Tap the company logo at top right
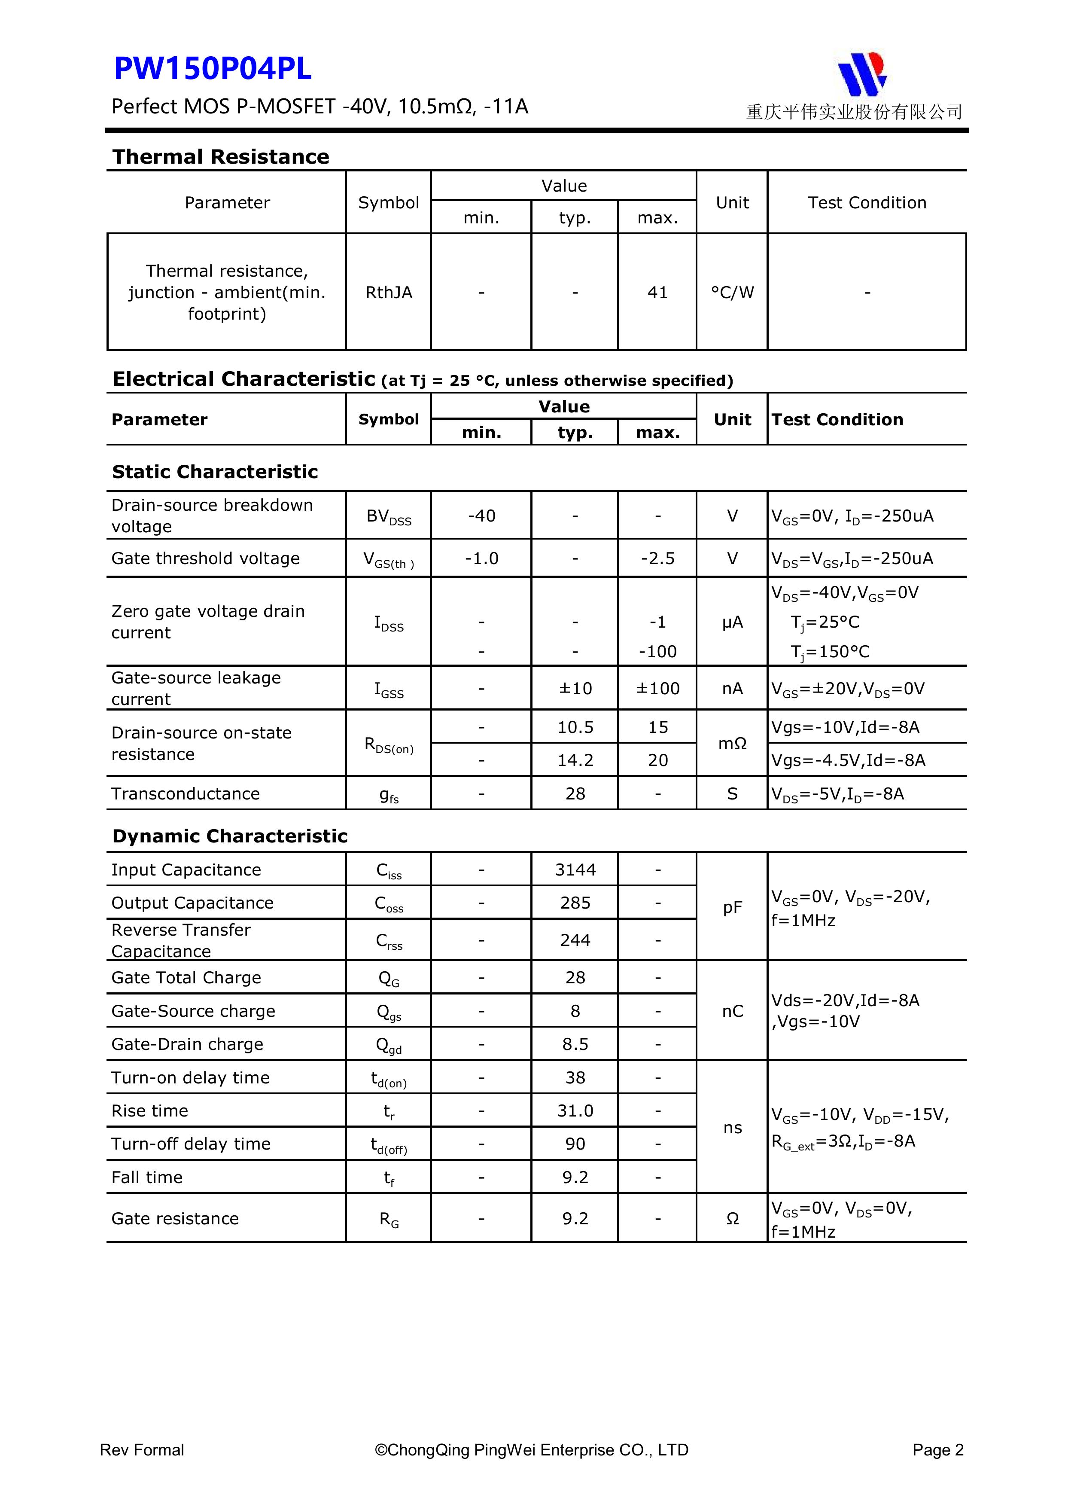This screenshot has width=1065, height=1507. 861,73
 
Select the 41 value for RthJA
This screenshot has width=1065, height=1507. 657,293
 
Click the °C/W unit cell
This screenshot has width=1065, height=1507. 732,293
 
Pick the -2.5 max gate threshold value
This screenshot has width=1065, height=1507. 657,558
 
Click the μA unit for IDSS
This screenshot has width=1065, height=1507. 732,622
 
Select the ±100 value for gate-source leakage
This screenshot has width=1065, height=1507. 657,689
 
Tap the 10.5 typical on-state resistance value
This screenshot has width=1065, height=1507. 575,727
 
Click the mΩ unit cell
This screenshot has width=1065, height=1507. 732,744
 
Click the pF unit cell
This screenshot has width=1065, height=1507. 732,908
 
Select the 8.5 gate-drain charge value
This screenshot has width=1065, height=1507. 575,1044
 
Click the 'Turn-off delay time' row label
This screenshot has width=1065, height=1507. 191,1144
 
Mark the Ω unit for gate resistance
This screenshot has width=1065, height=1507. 732,1219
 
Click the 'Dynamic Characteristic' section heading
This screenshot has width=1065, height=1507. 230,836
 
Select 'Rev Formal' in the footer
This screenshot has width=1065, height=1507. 142,1450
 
